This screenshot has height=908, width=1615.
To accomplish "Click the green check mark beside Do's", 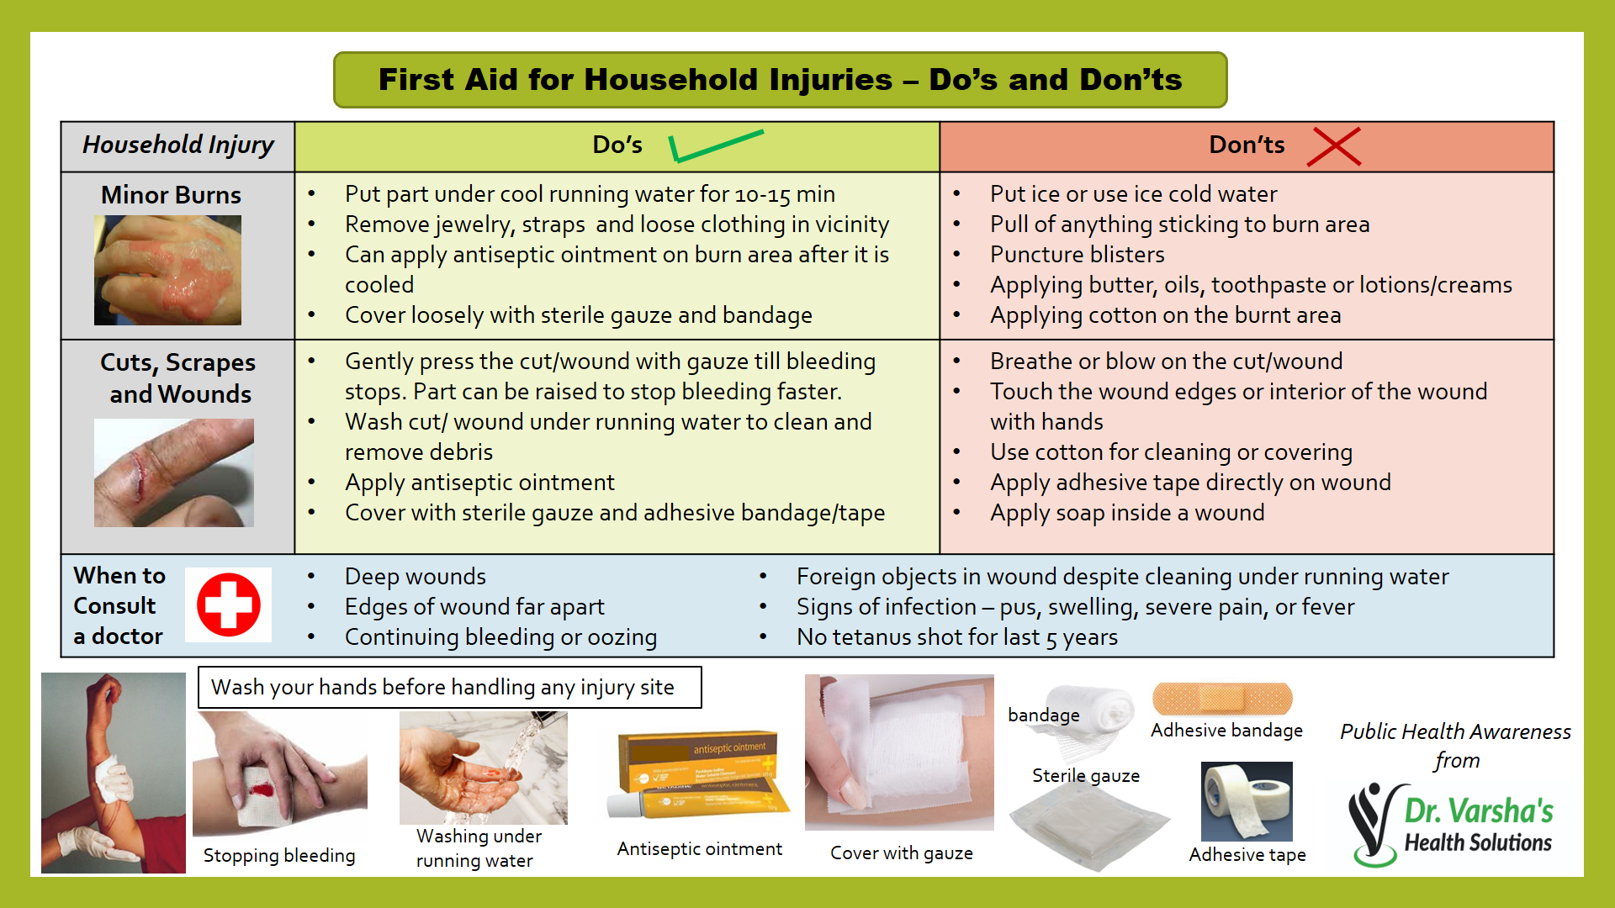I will coord(714,145).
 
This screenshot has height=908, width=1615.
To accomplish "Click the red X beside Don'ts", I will coord(1334,147).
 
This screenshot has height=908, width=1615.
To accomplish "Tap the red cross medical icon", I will coord(228,604).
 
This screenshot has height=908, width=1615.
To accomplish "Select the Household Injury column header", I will coord(178,145).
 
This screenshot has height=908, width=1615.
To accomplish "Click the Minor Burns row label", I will coord(171,195).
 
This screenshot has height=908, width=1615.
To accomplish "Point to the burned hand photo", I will coord(167,270).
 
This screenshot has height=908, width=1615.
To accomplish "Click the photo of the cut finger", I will coord(174,473).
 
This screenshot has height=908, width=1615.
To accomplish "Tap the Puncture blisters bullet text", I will coord(1077,255).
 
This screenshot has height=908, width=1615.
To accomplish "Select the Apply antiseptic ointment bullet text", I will coord(479,483).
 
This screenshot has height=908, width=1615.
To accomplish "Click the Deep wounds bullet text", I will coord(416,577).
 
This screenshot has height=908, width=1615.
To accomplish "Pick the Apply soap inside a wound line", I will coord(1126,513).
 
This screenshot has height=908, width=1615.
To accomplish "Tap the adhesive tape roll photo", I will coord(1247,801).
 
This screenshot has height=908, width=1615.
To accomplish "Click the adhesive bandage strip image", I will coord(1222,699).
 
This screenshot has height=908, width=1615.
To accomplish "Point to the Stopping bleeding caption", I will coord(279,856).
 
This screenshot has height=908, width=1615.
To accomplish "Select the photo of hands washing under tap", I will coord(483,768).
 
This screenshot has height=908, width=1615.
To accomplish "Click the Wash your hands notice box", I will coord(449,688).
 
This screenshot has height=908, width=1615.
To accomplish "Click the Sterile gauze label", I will coord(1086,776).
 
